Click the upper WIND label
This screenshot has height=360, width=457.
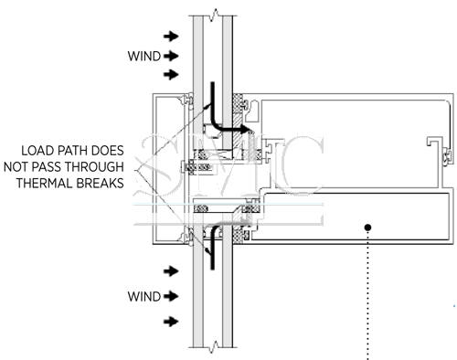[x=144, y=57]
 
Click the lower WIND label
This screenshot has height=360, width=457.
[x=144, y=296]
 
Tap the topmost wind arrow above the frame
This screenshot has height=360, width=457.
[x=171, y=37]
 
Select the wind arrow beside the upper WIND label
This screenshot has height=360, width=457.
[x=171, y=56]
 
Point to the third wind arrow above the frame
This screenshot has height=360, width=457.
[x=171, y=74]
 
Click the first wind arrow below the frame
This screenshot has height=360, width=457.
[x=171, y=271]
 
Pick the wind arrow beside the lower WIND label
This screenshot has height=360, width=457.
[x=171, y=296]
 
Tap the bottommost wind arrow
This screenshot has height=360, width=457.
[x=171, y=322]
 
